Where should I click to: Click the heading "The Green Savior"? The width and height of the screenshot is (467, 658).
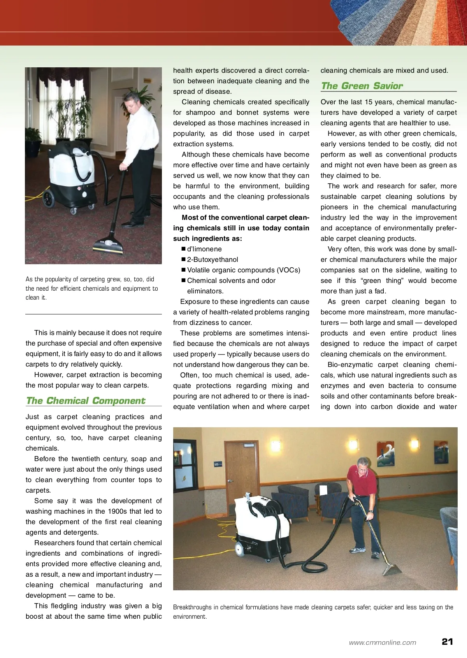tap(362, 86)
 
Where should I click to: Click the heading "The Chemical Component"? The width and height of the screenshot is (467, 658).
tap(85, 401)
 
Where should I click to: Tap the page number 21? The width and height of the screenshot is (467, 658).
tap(447, 642)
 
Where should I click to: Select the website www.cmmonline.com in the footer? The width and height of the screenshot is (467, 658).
tap(382, 642)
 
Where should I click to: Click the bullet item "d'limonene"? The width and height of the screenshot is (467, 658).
tap(204, 249)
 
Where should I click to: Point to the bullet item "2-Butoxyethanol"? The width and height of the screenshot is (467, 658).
tap(212, 260)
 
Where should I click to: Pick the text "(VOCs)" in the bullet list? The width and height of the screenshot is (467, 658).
tap(288, 270)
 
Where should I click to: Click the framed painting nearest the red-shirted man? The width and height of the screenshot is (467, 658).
tap(385, 454)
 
